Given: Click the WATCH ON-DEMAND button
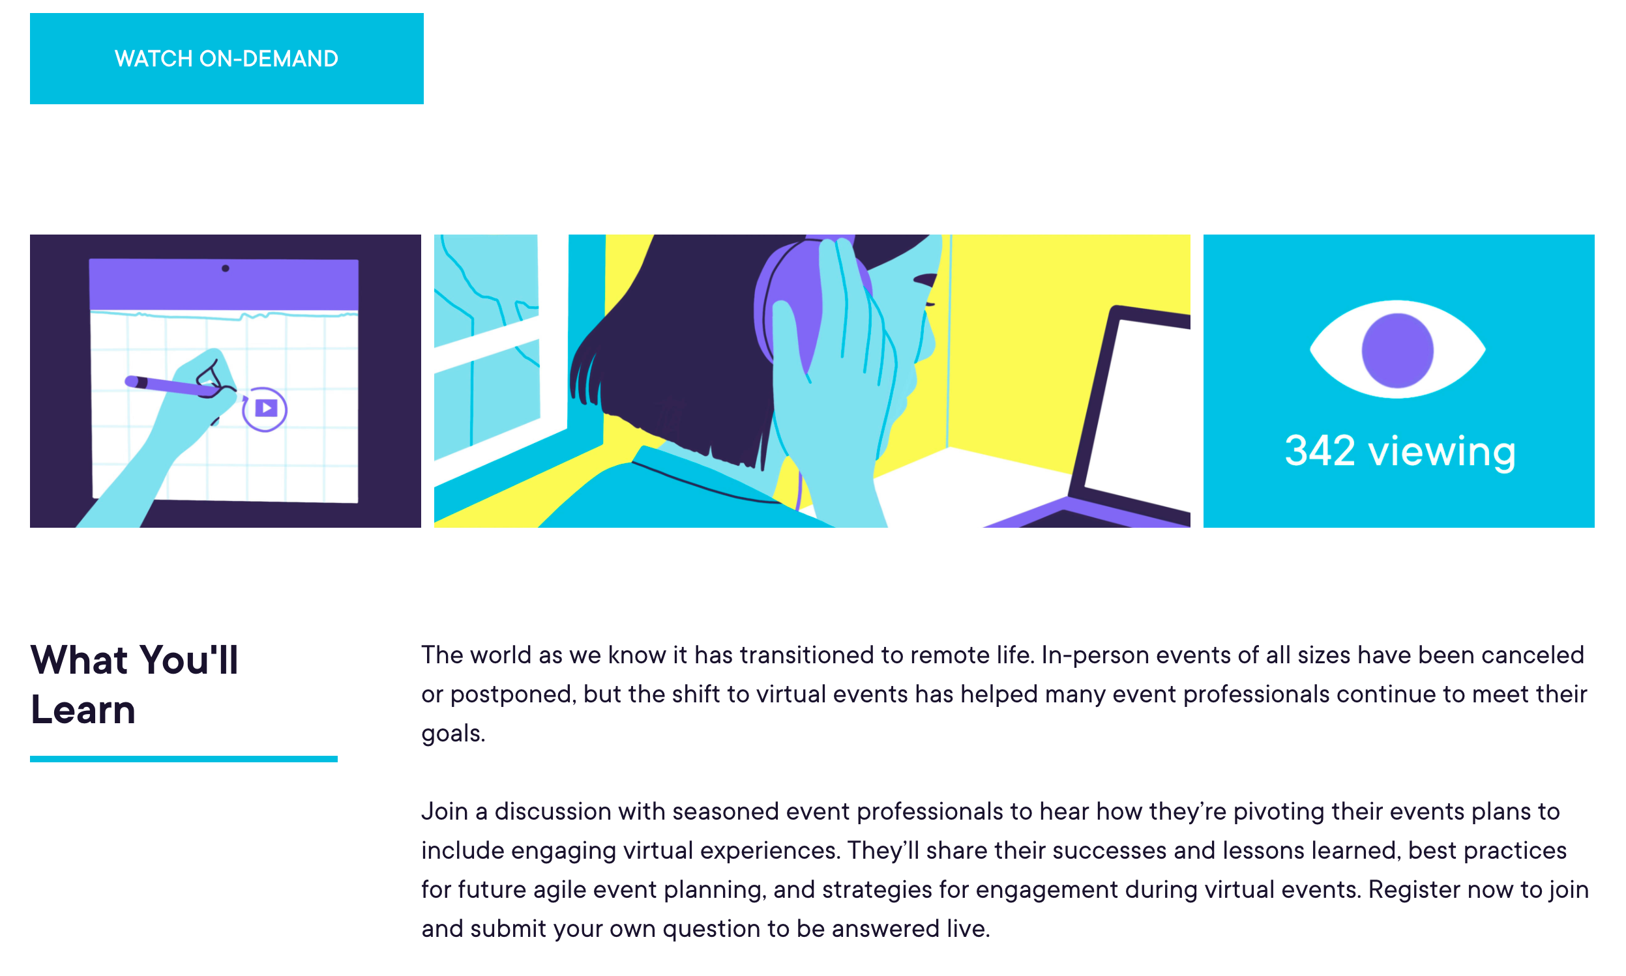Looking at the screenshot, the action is (226, 59).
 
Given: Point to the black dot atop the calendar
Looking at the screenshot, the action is (226, 268).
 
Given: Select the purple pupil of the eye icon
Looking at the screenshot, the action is (1397, 351).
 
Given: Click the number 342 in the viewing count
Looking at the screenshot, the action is (1320, 451).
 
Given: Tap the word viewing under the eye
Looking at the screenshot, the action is (1441, 452).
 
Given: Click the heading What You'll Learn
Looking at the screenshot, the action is (134, 685).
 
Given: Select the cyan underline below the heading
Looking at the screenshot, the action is (184, 759).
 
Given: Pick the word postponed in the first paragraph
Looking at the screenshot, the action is (513, 695).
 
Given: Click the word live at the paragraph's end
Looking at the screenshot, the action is (968, 928).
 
